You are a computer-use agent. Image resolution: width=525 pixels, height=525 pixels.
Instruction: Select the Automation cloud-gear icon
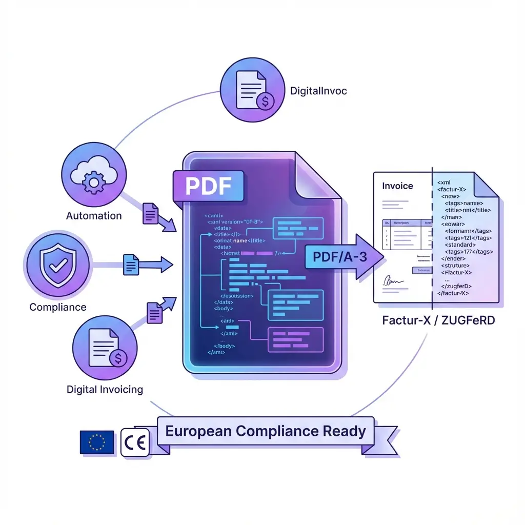click(x=93, y=175)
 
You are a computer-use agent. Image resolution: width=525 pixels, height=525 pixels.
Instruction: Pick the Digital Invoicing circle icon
click(x=105, y=349)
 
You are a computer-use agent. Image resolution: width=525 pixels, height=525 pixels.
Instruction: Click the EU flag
click(x=97, y=442)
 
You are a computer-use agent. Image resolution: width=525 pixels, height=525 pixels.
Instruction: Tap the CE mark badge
click(x=135, y=442)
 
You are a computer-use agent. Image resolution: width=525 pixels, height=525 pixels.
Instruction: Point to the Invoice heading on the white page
click(x=397, y=186)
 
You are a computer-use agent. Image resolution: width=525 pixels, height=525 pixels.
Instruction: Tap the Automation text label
click(x=94, y=216)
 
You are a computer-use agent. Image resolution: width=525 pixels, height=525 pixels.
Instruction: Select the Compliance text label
click(x=58, y=307)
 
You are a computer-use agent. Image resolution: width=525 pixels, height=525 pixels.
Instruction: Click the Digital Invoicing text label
click(x=105, y=389)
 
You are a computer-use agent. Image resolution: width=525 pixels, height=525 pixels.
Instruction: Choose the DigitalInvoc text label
click(x=318, y=91)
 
